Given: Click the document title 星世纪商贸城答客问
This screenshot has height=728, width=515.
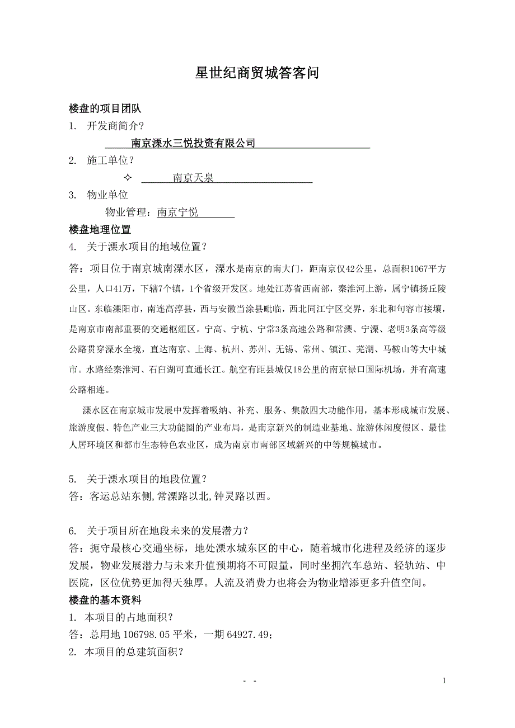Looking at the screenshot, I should point(257,73).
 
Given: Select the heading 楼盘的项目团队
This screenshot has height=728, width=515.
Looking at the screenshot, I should point(105,108).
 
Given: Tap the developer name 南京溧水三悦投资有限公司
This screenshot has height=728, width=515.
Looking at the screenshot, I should point(193,143).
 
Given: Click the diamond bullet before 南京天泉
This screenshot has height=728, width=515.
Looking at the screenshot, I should point(127,178).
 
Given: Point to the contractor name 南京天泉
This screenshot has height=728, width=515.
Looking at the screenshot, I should point(193,178).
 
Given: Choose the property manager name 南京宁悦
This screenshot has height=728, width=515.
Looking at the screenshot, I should point(177,212).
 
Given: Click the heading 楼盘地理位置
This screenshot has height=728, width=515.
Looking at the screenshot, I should point(100,229).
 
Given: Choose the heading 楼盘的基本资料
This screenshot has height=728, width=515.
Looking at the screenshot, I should point(105,601).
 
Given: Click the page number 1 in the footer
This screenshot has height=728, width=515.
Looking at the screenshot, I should point(444,681).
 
